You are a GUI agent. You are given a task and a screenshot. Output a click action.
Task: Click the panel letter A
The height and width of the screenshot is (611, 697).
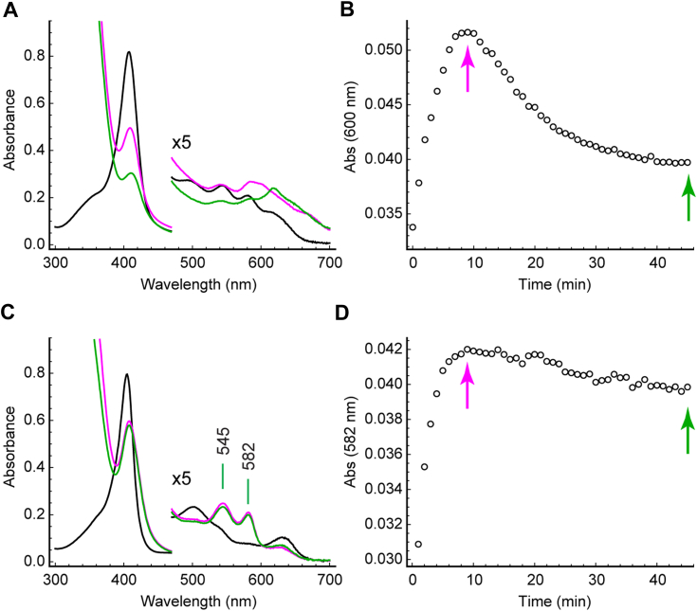pyautogui.click(x=9, y=9)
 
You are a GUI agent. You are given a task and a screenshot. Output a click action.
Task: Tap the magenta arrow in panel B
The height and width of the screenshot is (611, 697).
pyautogui.click(x=468, y=71)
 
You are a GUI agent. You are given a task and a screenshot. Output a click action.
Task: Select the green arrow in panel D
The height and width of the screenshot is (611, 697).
pyautogui.click(x=688, y=431)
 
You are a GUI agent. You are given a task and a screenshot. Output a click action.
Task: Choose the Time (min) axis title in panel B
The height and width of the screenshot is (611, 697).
pyautogui.click(x=551, y=283)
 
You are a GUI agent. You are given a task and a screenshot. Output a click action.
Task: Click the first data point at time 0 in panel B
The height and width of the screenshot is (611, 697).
pyautogui.click(x=413, y=227)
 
